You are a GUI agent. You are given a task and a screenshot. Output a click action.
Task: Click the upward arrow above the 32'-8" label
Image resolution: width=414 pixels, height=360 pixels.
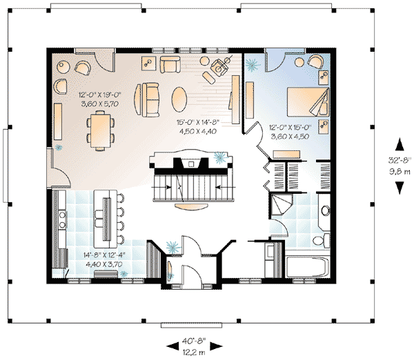pyautogui.click(x=399, y=144)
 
